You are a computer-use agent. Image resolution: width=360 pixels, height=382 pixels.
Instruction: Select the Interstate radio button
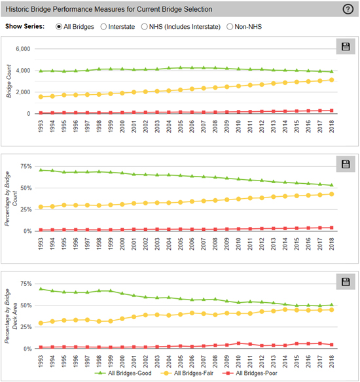pos(103,27)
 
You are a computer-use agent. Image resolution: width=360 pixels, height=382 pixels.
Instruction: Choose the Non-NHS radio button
pos(230,27)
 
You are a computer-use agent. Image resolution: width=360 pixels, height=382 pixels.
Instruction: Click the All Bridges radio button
pos(59,27)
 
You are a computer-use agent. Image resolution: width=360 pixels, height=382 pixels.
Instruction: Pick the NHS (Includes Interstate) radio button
pos(144,27)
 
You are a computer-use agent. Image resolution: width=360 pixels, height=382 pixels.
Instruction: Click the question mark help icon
pos(348,9)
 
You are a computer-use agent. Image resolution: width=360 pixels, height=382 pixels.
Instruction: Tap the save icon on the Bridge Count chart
pos(346,46)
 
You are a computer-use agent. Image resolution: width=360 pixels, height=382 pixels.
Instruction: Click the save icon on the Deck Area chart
pos(346,282)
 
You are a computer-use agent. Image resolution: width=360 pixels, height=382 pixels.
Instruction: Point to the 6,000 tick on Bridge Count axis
pos(23,49)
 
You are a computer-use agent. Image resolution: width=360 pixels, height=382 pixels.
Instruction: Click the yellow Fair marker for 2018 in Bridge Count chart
pos(331,80)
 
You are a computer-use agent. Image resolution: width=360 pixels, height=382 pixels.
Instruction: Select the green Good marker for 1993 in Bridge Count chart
pos(41,71)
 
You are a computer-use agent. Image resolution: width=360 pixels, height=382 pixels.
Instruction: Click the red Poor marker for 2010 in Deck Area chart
pos(239,343)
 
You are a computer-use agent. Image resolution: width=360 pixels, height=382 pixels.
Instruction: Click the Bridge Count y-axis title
pos(9,81)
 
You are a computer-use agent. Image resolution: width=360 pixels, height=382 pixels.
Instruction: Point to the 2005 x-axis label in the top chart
pos(181,126)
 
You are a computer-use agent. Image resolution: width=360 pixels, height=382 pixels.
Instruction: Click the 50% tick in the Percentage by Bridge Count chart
pos(26,188)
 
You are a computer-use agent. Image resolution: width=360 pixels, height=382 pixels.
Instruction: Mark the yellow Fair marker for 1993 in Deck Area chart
pos(41,323)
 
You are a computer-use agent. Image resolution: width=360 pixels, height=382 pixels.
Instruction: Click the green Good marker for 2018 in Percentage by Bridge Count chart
pos(331,185)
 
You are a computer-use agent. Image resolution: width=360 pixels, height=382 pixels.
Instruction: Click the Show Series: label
pos(25,26)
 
